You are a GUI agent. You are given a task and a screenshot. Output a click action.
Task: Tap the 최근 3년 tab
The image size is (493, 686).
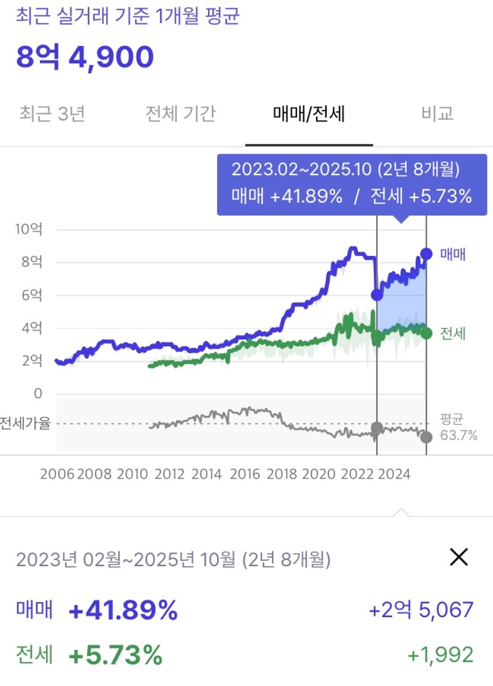click(52, 113)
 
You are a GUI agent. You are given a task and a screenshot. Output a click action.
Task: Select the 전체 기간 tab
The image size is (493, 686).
click(180, 113)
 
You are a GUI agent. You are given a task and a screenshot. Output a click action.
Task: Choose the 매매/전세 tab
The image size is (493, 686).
click(309, 113)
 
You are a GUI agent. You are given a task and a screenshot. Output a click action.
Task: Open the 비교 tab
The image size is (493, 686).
click(437, 113)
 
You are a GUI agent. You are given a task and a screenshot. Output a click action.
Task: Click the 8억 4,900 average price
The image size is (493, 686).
click(85, 57)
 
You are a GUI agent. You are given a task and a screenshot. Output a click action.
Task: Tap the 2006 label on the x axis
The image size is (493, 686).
click(57, 474)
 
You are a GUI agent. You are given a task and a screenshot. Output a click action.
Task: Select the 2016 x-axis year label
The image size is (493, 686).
click(244, 474)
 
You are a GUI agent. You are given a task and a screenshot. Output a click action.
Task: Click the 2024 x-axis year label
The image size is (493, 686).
click(395, 474)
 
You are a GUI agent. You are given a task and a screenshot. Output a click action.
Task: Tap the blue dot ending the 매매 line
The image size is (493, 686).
click(426, 254)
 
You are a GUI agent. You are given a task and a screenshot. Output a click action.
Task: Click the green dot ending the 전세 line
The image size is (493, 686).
click(426, 333)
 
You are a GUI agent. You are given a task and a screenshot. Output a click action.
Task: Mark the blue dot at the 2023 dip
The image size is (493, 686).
click(377, 294)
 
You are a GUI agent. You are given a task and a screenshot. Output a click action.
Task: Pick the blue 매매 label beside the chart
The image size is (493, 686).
click(452, 254)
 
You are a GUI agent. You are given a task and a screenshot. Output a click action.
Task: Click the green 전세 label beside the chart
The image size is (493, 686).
click(452, 333)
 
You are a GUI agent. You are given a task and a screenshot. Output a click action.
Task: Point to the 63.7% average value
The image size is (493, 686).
click(458, 436)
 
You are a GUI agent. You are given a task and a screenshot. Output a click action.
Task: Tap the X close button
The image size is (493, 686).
click(458, 557)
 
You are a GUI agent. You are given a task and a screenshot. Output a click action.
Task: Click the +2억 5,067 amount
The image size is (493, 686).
click(421, 610)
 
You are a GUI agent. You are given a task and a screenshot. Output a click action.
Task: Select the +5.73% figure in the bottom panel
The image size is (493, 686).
click(115, 655)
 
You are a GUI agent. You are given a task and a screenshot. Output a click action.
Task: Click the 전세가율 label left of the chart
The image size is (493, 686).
click(25, 424)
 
